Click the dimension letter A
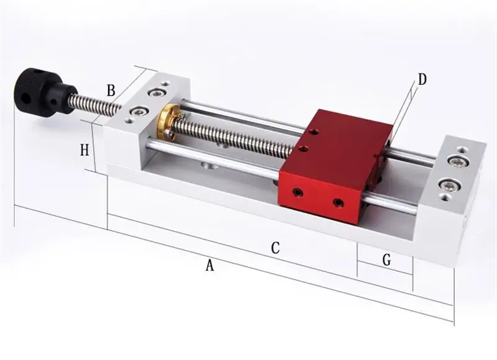209,265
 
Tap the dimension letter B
111,90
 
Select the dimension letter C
275,248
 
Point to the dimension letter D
422,79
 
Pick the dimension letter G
386,260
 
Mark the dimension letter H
84,150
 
